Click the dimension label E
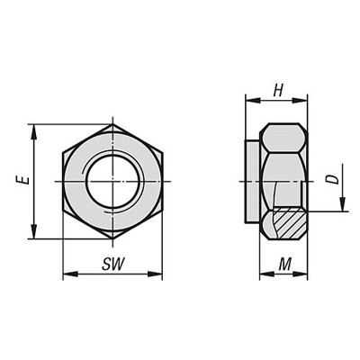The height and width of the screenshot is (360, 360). point(20,181)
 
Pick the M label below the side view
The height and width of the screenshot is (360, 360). point(283,264)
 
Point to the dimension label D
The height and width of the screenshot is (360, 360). point(332,179)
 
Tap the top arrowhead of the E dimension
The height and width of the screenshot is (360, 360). point(34,129)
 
